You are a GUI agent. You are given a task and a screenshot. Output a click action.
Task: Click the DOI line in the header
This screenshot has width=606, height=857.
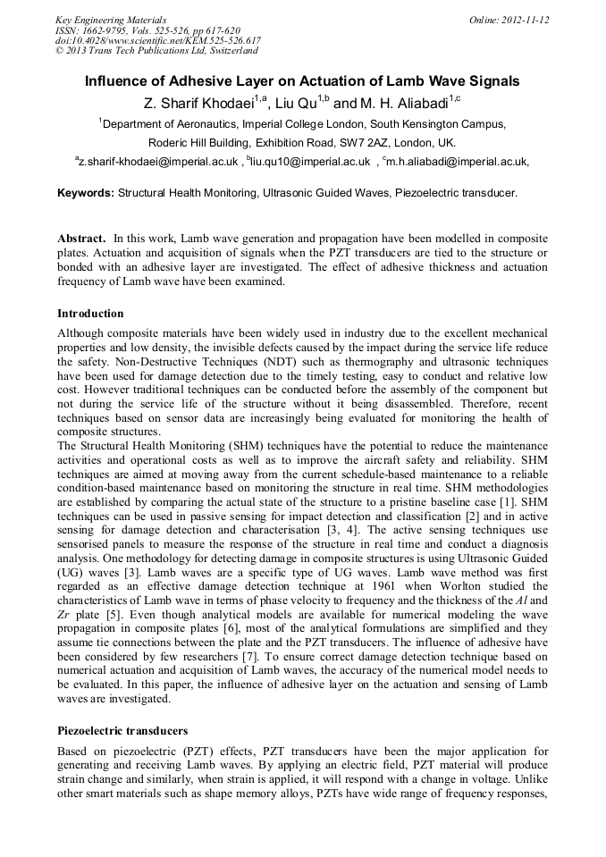[157, 40]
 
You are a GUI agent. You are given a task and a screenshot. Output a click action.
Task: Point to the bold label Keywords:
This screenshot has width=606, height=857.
[86, 192]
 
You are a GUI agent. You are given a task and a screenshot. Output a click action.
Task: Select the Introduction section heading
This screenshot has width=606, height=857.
[90, 314]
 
